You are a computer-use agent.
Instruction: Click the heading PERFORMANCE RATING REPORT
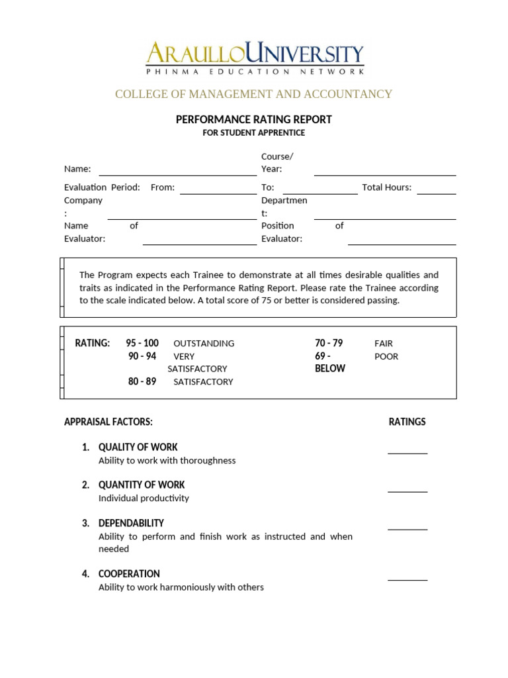(253, 119)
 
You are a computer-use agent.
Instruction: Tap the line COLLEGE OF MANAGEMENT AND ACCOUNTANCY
(253, 94)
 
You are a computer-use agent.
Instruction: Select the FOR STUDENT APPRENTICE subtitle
(253, 132)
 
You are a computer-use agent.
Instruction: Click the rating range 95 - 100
(142, 343)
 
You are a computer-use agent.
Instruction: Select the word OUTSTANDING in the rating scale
(204, 344)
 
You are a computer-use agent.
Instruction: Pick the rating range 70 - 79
(329, 343)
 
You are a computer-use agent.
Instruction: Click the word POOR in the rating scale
(386, 356)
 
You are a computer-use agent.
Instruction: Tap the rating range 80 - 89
(142, 381)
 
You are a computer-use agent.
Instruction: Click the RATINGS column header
(407, 422)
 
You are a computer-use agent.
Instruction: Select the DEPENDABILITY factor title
(131, 523)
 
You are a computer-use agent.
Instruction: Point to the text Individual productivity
(144, 498)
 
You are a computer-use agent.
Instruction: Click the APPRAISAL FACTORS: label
(108, 422)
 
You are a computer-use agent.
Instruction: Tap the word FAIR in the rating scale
(384, 344)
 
